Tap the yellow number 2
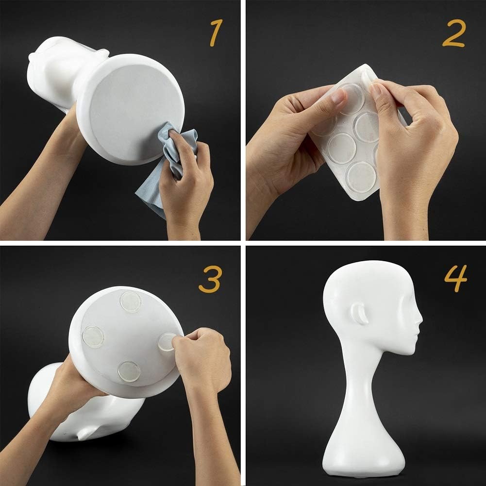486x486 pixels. (x=454, y=34)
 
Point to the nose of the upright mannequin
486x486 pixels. (x=419, y=321)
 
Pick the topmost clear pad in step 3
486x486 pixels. (x=130, y=301)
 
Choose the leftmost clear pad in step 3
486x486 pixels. (x=93, y=336)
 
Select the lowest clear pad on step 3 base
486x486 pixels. (x=129, y=371)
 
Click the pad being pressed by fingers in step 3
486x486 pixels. (x=166, y=342)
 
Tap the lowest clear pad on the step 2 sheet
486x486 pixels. (x=361, y=176)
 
